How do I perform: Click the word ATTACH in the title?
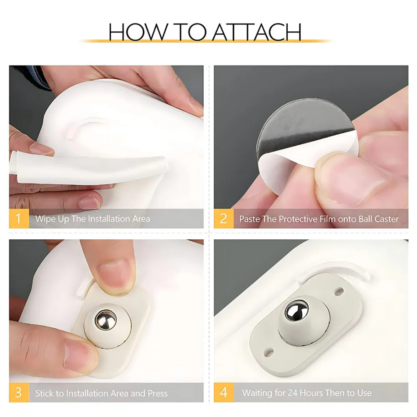[256, 32]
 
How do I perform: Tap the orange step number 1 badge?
[19, 219]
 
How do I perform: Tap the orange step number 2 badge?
[224, 219]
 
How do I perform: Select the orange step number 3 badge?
[19, 392]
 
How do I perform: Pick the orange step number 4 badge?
[224, 392]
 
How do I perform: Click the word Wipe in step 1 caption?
[45, 219]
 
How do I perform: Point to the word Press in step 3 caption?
[158, 393]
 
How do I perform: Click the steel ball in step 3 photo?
[106, 320]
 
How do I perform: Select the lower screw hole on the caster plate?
[269, 353]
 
